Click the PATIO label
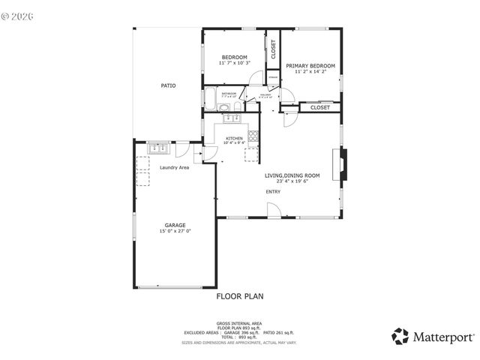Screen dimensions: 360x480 [169, 86]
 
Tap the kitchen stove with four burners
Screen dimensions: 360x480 [253, 136]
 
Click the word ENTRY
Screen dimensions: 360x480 [273, 192]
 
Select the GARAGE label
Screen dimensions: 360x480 [175, 225]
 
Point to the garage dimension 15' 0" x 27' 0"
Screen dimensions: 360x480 [175, 232]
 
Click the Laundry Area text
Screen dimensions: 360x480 [174, 167]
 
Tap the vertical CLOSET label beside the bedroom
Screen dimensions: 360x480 [273, 49]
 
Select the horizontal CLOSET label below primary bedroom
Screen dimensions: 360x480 [320, 108]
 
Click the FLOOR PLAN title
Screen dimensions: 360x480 [240, 296]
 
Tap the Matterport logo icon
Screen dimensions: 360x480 [400, 336]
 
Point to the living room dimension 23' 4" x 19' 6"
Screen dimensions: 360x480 [292, 181]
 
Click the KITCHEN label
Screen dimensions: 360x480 [235, 139]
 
